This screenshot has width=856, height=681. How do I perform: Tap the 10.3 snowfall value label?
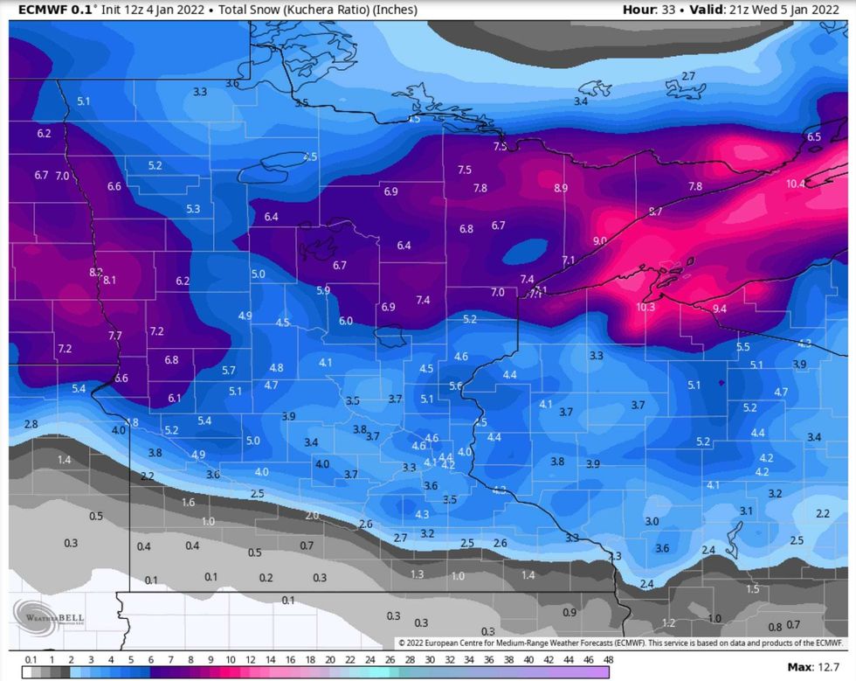point(645,308)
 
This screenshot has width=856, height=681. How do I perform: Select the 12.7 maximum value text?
point(829,668)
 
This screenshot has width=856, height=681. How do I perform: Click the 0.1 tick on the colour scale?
point(31,659)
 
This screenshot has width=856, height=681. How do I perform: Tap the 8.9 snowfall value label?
point(561,188)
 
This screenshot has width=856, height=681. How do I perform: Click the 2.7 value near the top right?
point(688,76)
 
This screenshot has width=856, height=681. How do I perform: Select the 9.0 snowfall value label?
point(599,240)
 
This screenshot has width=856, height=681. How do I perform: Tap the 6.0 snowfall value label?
point(346,321)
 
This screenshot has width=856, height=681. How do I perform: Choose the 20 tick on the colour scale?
point(330,659)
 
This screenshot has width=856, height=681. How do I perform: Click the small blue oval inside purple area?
point(521,253)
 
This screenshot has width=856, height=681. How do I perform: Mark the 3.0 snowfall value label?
point(652,521)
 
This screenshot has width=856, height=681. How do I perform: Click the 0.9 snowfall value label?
point(570,612)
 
